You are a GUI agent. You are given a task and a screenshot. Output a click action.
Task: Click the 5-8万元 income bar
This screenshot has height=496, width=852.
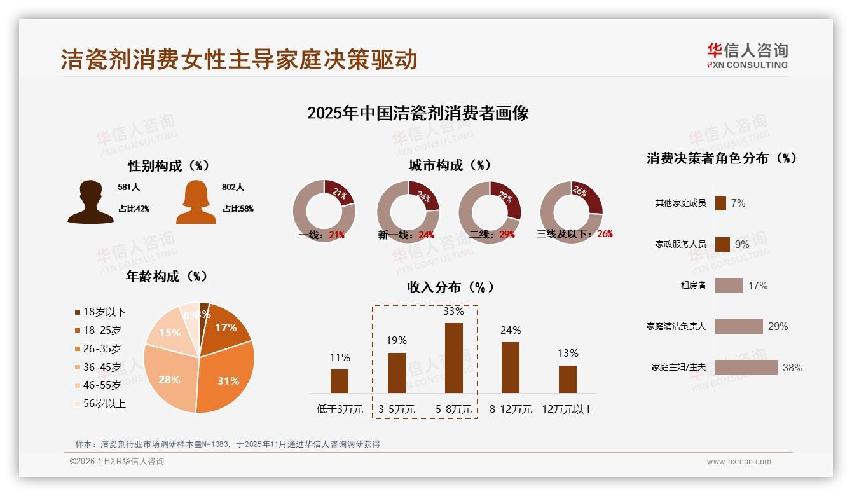click(453, 357)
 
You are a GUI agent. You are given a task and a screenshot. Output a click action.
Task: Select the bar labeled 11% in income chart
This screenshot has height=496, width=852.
click(340, 381)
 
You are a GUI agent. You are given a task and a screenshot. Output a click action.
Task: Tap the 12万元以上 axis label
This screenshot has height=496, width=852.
click(567, 410)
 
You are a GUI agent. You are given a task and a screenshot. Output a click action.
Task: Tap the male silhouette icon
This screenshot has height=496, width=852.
click(90, 202)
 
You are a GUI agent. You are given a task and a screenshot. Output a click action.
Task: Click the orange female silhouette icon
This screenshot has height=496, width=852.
click(196, 202)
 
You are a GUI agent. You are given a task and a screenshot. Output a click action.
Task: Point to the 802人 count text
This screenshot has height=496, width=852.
click(233, 187)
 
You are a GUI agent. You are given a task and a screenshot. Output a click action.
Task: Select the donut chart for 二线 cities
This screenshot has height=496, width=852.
click(489, 211)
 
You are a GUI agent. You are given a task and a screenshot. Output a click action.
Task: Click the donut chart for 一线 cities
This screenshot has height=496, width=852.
click(324, 211)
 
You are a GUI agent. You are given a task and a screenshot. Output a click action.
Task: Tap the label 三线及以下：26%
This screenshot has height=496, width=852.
click(574, 234)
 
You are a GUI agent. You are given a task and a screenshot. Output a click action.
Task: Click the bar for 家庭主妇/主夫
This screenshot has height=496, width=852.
click(746, 367)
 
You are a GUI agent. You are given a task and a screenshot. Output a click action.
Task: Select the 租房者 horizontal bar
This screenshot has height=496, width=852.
click(728, 285)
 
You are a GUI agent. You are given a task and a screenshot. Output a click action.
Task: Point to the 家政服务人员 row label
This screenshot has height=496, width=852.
click(680, 244)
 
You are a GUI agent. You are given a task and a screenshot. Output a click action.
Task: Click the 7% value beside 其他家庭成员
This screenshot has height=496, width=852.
click(738, 203)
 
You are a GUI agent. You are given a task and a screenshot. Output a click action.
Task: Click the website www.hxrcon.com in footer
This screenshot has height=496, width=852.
click(739, 462)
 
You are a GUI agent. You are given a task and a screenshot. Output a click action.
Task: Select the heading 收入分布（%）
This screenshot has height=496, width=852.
click(450, 287)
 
